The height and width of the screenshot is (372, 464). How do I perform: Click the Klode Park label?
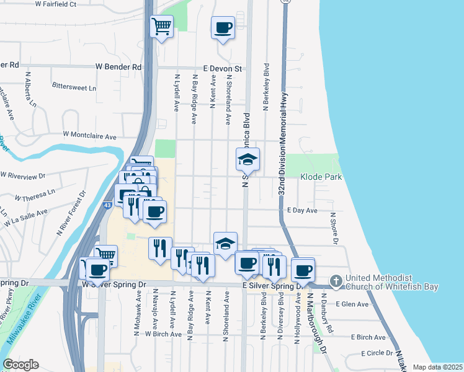[321, 177]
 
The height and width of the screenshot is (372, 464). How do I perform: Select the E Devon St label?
[221, 68]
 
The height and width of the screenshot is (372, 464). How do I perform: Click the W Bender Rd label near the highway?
[118, 66]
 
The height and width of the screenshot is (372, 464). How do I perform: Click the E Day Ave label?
[303, 211]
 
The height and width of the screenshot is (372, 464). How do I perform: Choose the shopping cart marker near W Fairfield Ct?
[161, 26]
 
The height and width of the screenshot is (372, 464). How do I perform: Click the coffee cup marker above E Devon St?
[223, 27]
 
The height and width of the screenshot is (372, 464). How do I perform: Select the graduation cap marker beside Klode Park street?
[248, 159]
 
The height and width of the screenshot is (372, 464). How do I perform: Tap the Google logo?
[20, 365]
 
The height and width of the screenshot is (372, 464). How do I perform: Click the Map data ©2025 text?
[437, 367]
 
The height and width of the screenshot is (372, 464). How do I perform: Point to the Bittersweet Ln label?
[74, 87]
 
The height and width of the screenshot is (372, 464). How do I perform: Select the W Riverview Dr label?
[24, 176]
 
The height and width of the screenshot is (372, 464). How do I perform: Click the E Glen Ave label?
[352, 304]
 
